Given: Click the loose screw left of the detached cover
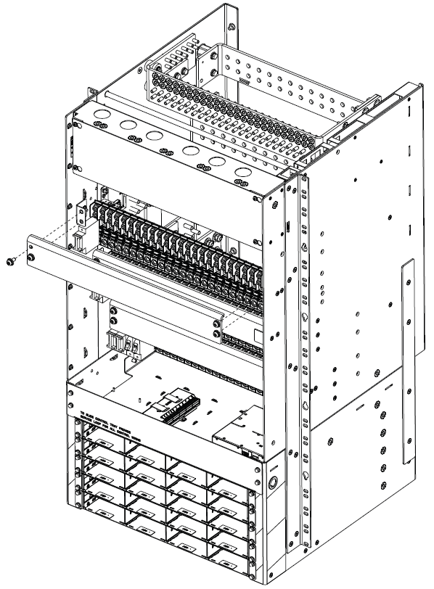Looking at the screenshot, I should click(9, 260).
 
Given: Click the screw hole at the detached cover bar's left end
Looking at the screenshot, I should click(30, 256).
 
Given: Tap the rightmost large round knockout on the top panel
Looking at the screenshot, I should click(242, 173).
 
